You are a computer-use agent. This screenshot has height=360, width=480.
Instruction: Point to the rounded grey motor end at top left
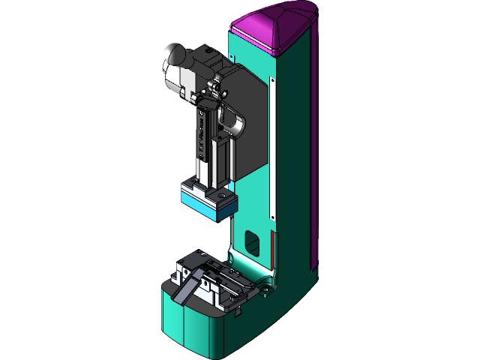click(175, 57)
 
